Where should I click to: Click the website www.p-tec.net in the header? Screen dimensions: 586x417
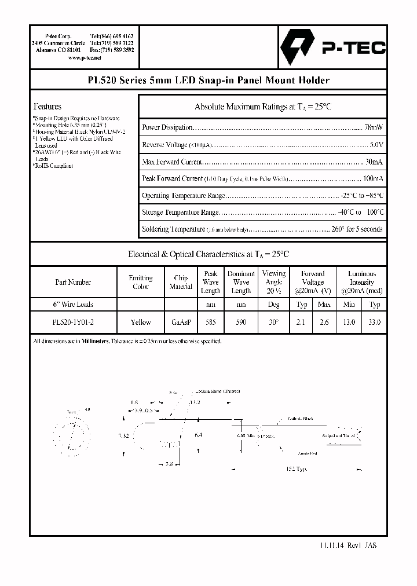coord(85,58)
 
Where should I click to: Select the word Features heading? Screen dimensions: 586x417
coord(47,107)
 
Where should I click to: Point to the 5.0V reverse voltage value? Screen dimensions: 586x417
coord(376,145)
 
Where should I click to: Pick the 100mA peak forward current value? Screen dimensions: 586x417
coord(372,179)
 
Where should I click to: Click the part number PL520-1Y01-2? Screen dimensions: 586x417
coord(73,323)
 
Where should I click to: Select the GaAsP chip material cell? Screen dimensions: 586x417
coord(181,323)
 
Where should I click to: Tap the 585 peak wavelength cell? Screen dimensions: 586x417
coord(211,323)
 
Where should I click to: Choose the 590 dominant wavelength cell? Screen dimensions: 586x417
coord(241,323)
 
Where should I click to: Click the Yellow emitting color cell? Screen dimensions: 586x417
coord(141,323)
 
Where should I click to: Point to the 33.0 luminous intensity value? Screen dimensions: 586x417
coord(374,323)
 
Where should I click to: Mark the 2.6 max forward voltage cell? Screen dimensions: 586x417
coord(324,323)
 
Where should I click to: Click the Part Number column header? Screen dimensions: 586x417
coord(73,283)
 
